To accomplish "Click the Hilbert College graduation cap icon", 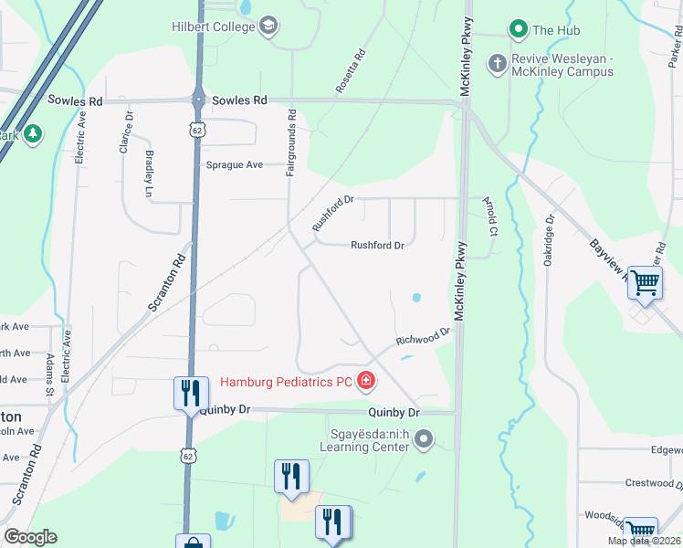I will coord(268,26).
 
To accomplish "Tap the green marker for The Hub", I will coord(518,29).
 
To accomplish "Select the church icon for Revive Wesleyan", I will coord(497,64).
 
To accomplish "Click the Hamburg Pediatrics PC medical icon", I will coord(365,379).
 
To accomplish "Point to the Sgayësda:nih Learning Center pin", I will coord(423,441).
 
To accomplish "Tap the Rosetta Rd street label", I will coord(350,71).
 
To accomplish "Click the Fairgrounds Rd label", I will coord(292,143).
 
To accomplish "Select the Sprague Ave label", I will coord(235,164).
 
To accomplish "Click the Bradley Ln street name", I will coord(149,174).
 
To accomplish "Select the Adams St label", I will coord(50,376).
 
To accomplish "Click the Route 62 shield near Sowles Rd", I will coord(197,130).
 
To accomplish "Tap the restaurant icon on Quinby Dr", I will coord(189,393).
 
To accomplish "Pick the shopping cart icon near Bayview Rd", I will coord(645,283).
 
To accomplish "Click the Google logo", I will coord(30,537).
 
